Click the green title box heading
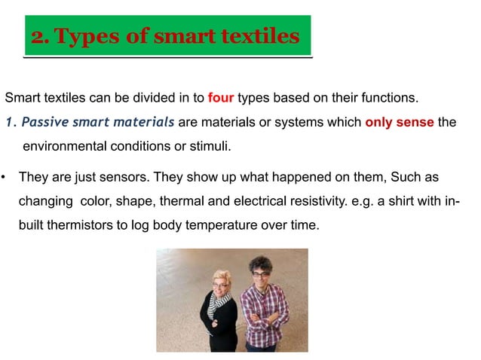tap(167, 35)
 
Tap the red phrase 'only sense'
tap(400, 122)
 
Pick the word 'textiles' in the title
tap(261, 36)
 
